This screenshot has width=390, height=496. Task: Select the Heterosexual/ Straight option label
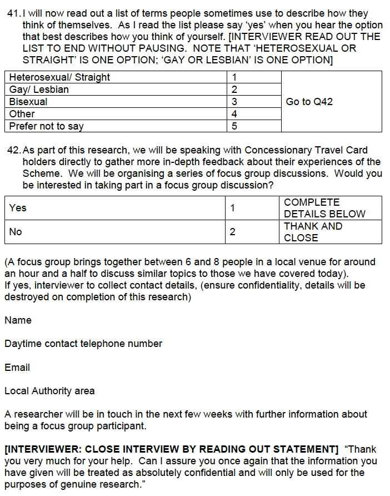(x=59, y=77)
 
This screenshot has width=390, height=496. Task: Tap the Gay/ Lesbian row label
(x=39, y=90)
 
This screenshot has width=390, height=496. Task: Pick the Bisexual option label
(x=28, y=102)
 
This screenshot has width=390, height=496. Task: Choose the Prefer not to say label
(x=46, y=126)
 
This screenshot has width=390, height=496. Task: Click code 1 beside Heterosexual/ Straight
(x=234, y=77)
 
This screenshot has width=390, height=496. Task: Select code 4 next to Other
(x=234, y=114)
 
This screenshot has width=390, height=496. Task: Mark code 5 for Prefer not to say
(x=234, y=126)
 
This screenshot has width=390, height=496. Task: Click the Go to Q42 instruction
(x=309, y=102)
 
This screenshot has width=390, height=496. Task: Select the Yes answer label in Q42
(x=18, y=208)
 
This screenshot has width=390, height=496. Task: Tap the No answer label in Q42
(x=16, y=232)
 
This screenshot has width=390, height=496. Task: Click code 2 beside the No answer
(x=233, y=232)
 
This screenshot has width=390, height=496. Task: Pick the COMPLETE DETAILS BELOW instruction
(x=324, y=208)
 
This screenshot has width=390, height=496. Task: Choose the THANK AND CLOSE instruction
(x=313, y=232)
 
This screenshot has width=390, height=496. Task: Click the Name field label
(x=18, y=320)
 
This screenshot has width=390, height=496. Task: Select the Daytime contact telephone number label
(x=83, y=344)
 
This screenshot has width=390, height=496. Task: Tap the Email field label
(x=17, y=368)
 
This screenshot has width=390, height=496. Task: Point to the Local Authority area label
(x=49, y=391)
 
